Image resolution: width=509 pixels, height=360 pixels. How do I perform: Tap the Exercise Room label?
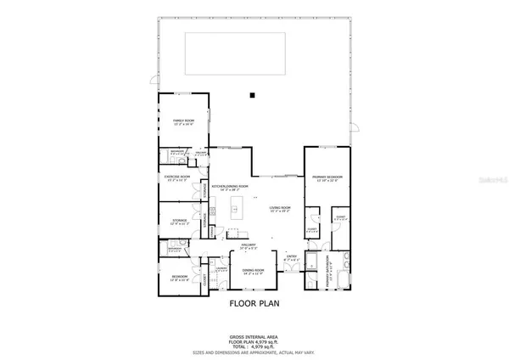(176, 177)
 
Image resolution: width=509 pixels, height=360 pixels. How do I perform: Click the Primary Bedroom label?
(326, 177)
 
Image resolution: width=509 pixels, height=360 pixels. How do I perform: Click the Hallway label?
(249, 245)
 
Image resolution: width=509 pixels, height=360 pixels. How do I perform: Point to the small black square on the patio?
(252, 95)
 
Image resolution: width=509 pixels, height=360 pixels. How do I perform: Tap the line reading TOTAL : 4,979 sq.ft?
(254, 346)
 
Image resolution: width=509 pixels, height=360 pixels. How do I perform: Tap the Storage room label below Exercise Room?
(176, 223)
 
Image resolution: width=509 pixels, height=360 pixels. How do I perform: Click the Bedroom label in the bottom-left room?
(179, 278)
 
